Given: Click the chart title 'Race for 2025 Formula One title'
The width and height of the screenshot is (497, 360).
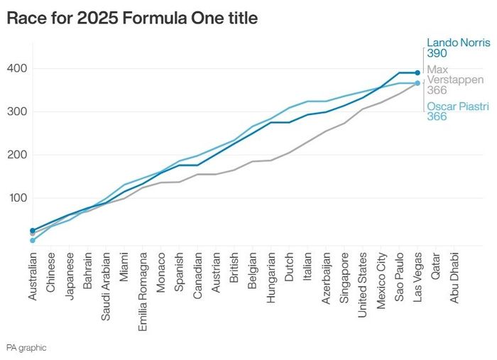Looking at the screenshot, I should pos(131,19).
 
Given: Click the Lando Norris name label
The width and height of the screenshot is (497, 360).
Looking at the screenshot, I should pos(458,42).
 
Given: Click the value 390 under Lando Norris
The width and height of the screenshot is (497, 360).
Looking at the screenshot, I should pos(437,53).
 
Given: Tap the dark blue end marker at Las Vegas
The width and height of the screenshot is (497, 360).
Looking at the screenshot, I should pos(417,72).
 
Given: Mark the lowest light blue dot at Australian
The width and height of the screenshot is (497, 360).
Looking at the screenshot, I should pos(33,241).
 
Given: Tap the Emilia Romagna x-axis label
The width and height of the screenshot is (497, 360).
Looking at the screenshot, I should pos(143,284).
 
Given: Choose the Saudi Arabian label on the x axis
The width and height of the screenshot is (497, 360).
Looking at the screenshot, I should pos(106,282).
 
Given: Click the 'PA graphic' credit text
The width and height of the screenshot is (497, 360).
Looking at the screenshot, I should pos(26,348).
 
